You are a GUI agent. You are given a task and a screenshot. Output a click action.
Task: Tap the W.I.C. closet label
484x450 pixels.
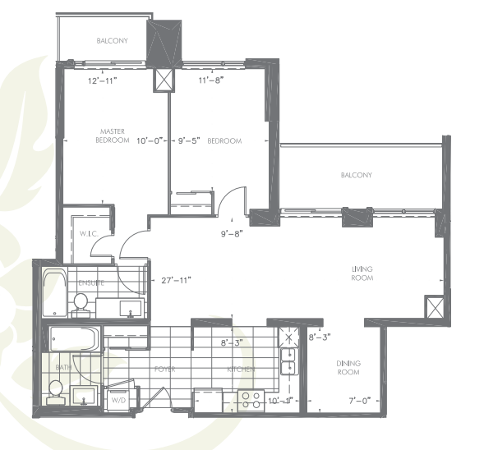pos(90,234)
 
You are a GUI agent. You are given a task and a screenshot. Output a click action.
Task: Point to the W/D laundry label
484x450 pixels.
pos(118,401)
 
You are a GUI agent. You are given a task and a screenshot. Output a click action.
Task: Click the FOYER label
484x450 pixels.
pos(165,369)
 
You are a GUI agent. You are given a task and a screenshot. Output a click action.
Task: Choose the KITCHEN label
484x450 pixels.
pos(241,369)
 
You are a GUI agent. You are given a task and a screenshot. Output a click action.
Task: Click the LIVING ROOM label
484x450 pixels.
pos(362,273)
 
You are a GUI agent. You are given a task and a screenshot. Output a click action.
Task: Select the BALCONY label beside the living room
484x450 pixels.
pos(357,175)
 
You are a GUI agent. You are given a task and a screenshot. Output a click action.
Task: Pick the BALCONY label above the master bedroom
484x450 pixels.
pos(112,40)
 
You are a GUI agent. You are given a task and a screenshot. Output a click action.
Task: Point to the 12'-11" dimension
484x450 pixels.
pos(102,81)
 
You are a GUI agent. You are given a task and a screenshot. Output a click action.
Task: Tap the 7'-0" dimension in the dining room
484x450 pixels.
pos(358,401)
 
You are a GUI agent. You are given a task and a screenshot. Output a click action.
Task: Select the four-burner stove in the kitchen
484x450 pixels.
pos(249,399)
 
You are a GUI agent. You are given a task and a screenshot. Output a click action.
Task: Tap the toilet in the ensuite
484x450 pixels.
pos(81,305)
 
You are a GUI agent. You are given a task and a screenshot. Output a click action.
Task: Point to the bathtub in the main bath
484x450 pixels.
pos(75,338)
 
